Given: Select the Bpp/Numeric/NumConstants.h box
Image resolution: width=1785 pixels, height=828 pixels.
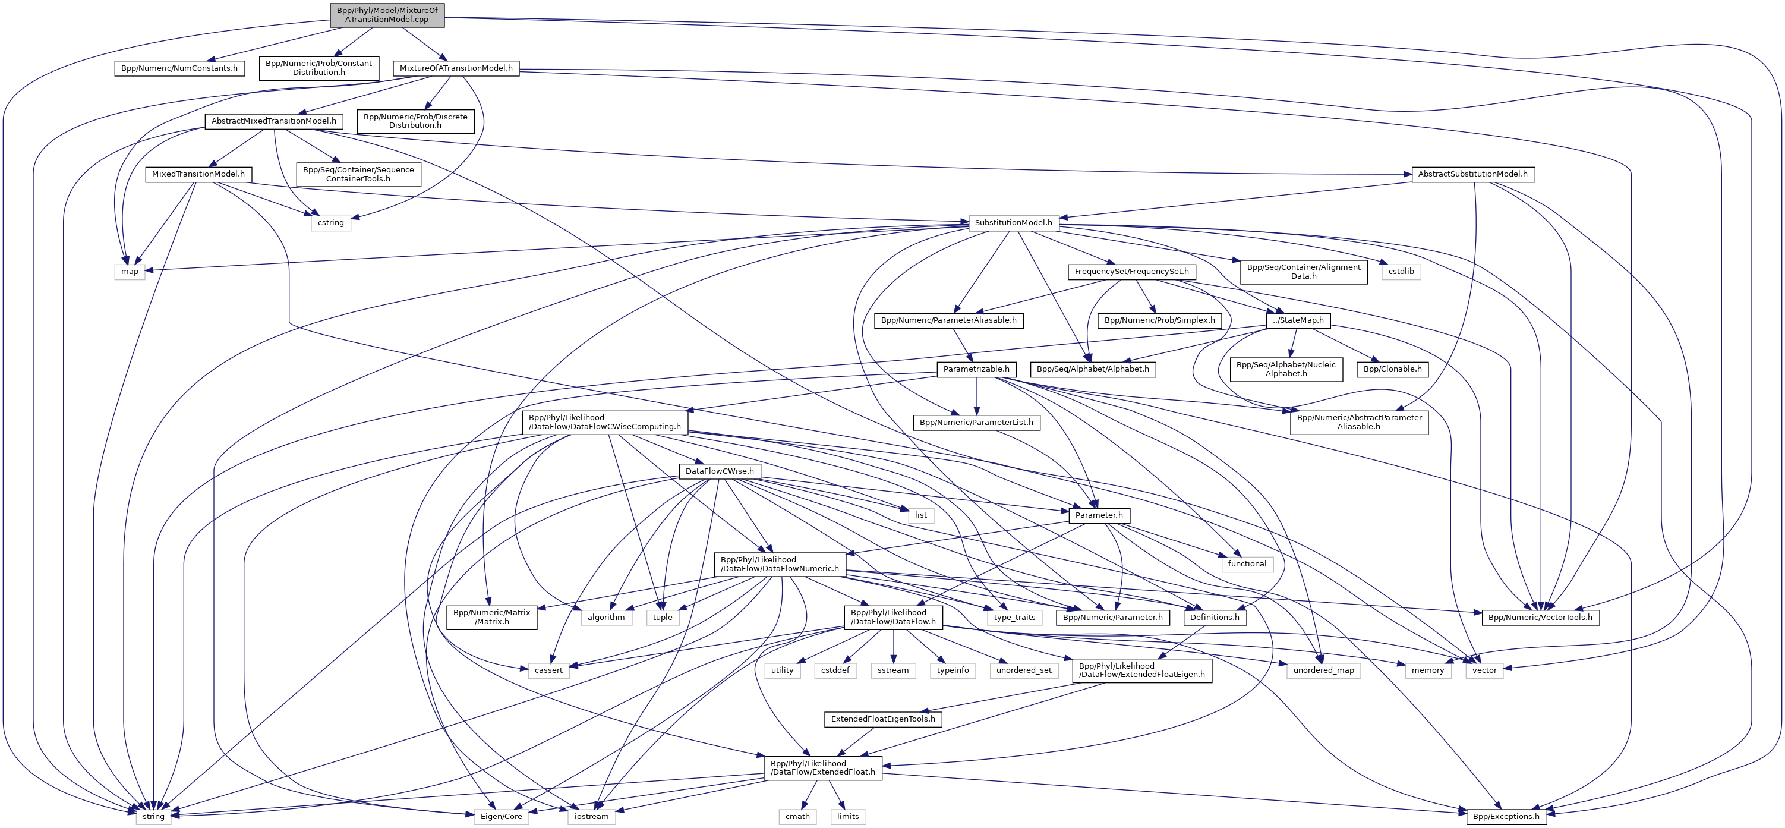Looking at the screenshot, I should [179, 68].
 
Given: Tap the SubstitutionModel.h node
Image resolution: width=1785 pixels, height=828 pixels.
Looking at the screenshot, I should [1013, 223].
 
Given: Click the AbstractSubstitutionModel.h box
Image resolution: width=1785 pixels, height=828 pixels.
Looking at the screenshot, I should [1472, 174].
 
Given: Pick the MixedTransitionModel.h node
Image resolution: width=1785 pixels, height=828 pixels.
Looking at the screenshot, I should [198, 174].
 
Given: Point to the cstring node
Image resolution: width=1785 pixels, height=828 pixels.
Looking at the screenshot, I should [330, 223].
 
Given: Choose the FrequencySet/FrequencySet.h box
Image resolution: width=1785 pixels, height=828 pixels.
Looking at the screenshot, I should [1131, 272].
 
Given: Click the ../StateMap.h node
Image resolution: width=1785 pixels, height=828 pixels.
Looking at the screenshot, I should [1298, 320].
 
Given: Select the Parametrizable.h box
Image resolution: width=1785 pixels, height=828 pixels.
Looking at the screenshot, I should [976, 369].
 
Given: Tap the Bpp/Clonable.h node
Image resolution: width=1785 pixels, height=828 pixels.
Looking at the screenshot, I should [1392, 369].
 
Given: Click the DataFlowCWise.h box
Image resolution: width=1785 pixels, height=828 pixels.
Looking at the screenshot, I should [719, 471].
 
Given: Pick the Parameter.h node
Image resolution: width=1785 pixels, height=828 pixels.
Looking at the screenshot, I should [1099, 515].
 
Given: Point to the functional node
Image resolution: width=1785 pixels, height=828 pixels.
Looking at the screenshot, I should [1247, 564].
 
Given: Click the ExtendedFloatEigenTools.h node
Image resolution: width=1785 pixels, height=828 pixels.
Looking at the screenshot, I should [883, 719].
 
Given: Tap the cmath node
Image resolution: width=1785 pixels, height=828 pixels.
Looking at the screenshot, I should [797, 817].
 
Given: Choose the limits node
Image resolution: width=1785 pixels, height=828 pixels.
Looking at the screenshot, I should [847, 817].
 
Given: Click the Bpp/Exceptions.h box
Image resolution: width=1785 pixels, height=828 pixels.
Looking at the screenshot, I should [1506, 817].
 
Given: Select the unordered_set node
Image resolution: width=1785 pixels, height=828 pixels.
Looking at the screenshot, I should [1023, 670].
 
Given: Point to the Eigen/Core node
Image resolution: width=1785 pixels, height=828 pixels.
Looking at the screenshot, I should [501, 817].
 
